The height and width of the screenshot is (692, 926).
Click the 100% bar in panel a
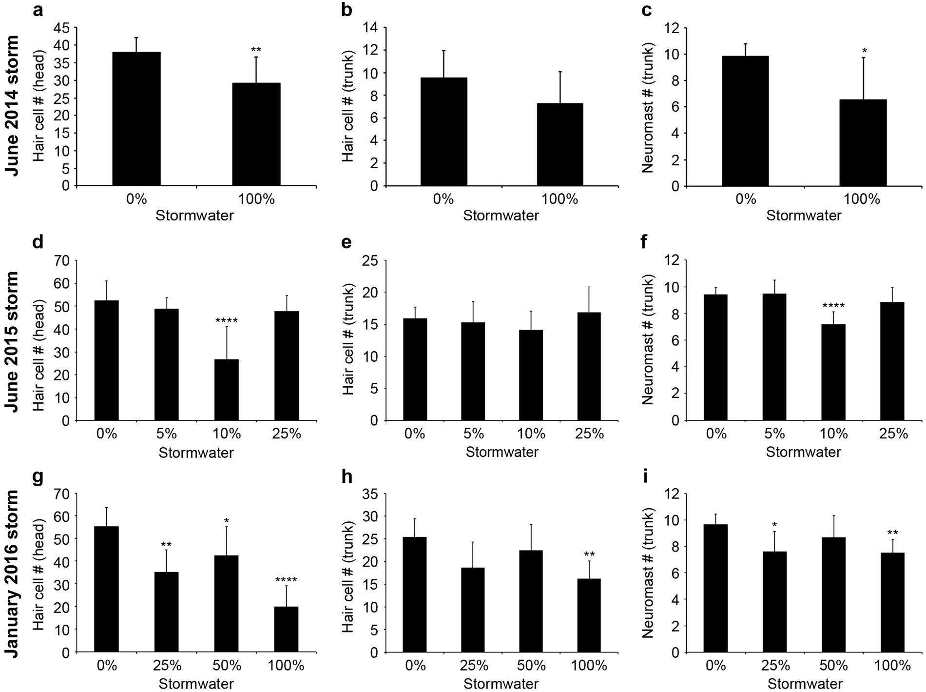[256, 134]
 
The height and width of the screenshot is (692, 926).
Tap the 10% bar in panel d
[227, 390]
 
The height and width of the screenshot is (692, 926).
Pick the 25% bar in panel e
[589, 366]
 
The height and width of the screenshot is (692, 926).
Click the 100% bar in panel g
[286, 629]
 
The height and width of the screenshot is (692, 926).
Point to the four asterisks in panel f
[833, 306]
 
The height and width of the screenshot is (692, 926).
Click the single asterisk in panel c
[864, 51]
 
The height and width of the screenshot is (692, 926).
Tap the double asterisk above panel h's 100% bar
[589, 554]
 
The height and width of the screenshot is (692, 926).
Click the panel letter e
[347, 242]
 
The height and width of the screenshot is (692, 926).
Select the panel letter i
[645, 476]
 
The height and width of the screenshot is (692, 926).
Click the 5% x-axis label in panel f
[774, 434]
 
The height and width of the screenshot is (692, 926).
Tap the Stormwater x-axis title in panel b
[501, 215]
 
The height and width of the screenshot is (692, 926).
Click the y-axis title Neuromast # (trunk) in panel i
[648, 573]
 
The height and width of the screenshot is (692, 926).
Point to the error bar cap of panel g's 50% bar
[227, 527]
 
